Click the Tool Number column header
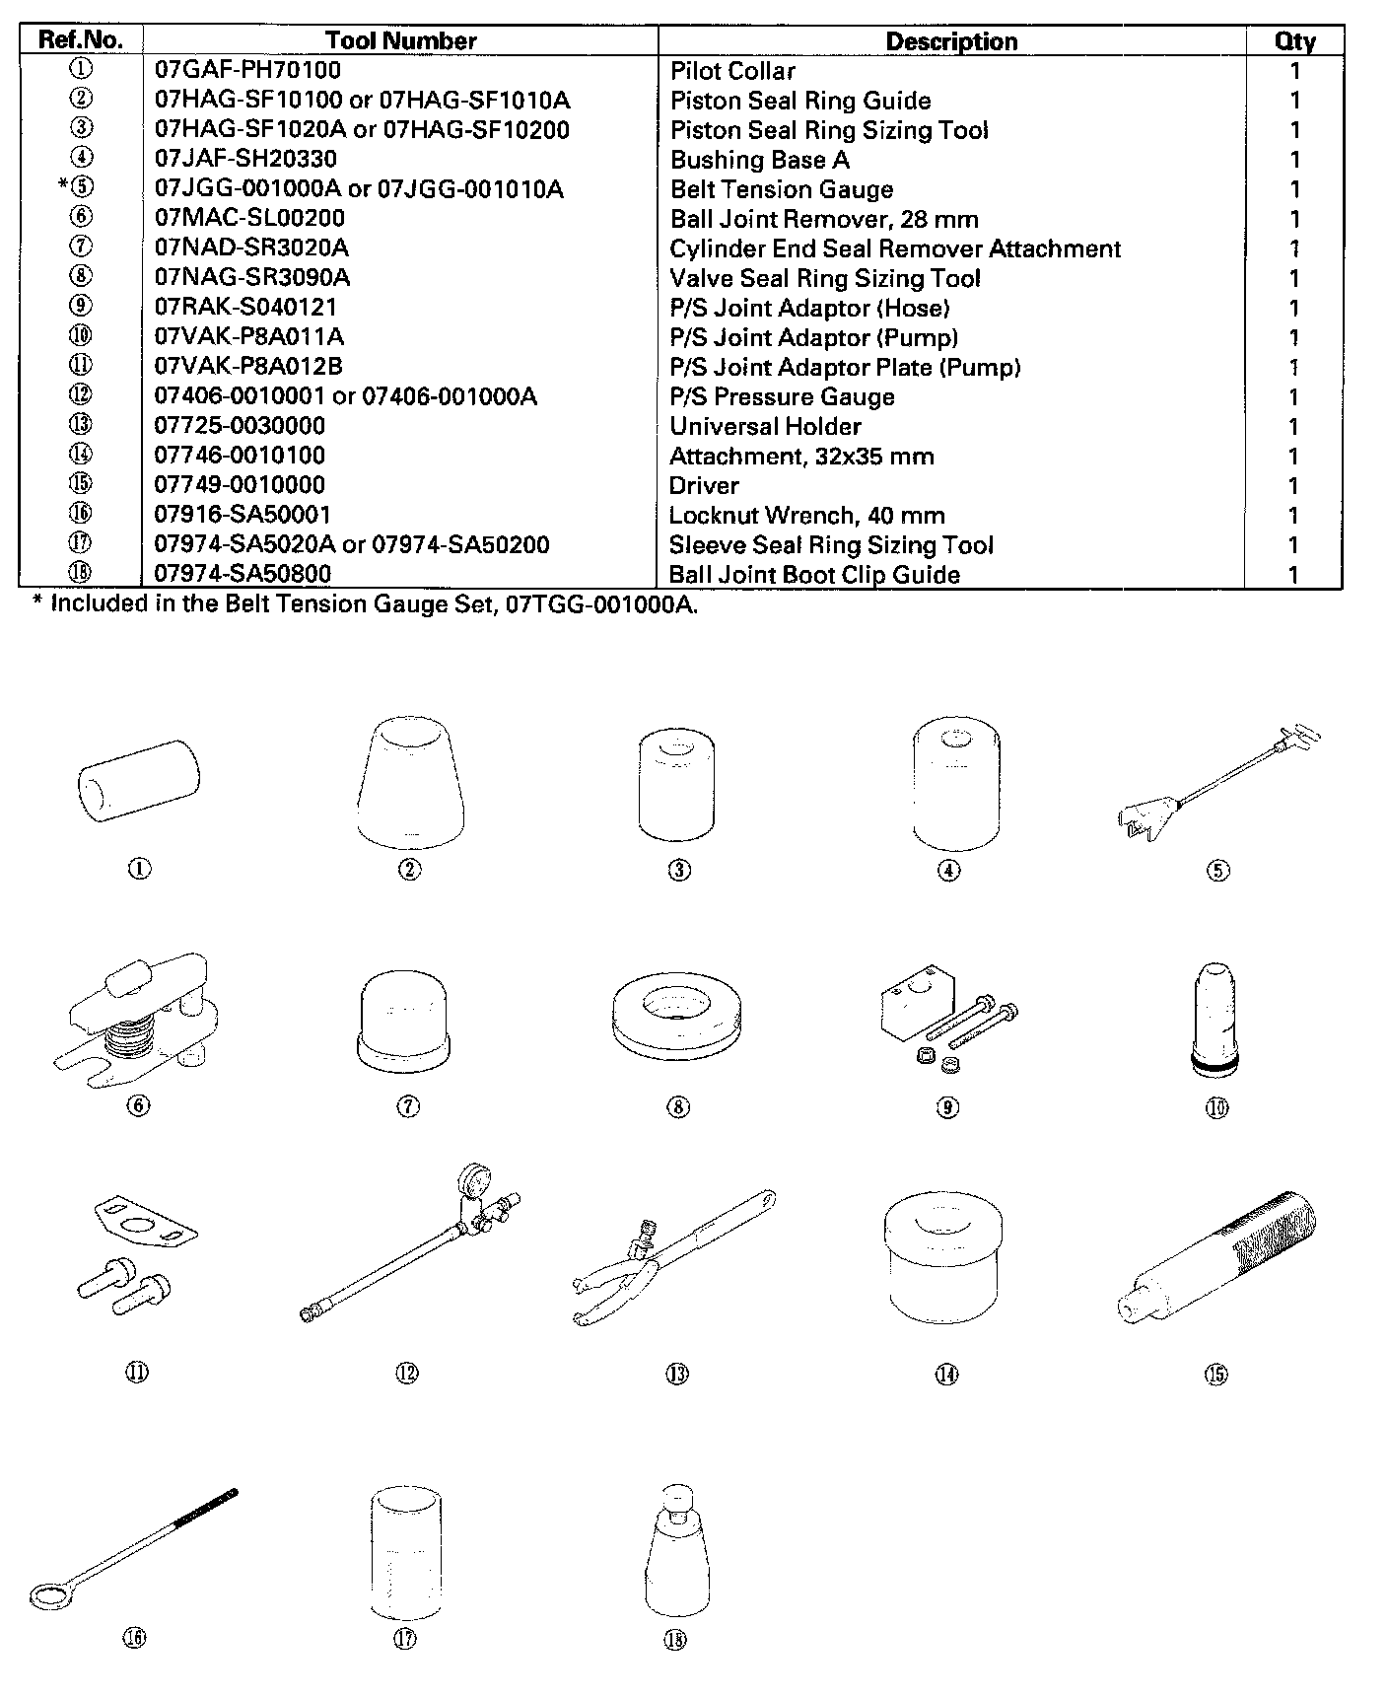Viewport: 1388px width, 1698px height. [x=400, y=40]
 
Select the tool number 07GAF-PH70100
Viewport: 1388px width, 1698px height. [x=247, y=70]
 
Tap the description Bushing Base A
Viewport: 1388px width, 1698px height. [x=759, y=160]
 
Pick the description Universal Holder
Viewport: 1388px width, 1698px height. [x=765, y=426]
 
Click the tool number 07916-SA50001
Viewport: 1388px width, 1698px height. [x=243, y=515]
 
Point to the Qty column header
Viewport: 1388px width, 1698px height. [x=1294, y=40]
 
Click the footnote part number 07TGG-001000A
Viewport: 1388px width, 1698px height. [x=599, y=604]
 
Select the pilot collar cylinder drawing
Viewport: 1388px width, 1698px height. [x=138, y=781]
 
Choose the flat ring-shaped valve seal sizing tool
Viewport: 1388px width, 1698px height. [x=677, y=1019]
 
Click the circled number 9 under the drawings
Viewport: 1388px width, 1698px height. [x=946, y=1107]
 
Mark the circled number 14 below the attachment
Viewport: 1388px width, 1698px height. [x=946, y=1374]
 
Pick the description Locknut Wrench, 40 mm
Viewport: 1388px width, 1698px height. [x=806, y=515]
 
